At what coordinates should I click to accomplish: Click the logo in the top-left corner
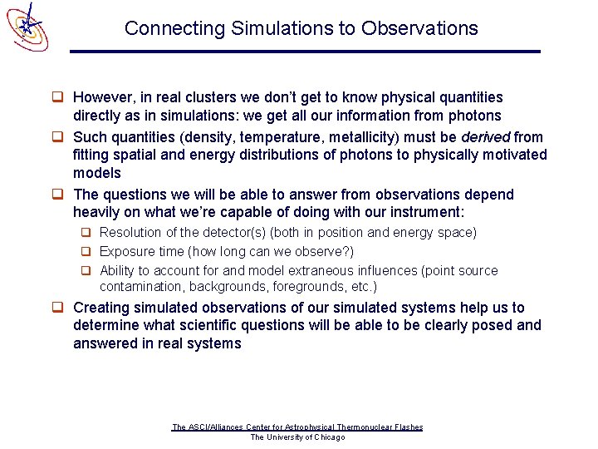point(27,26)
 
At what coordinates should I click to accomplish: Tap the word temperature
point(275,136)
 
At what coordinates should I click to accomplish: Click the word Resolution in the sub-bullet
point(129,233)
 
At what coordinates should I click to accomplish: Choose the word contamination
point(140,287)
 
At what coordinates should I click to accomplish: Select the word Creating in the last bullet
point(103,308)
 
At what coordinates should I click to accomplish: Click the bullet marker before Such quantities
point(59,136)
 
